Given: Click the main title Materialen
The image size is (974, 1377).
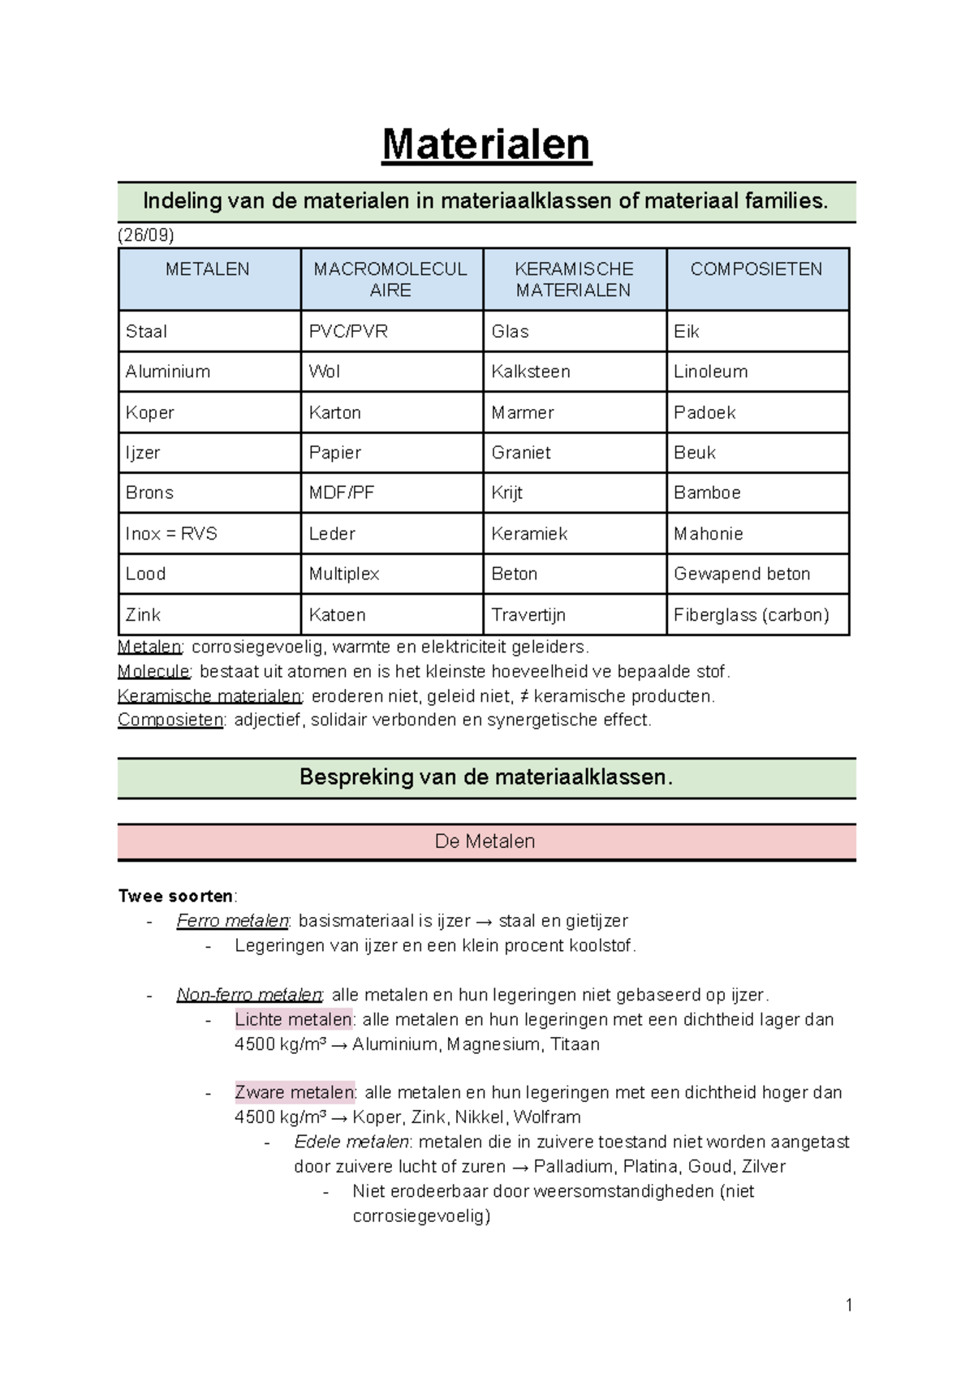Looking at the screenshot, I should coord(486,145).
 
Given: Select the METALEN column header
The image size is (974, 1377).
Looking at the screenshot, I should coord(208,269).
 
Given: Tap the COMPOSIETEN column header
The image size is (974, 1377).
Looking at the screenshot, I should coord(756,269).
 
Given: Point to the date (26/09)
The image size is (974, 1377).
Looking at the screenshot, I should coord(145,235).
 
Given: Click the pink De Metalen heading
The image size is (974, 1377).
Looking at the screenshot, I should coord(485,841).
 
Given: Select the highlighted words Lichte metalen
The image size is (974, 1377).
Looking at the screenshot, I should coord(293,1019).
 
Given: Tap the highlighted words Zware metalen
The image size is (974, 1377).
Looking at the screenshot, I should coord(295,1092).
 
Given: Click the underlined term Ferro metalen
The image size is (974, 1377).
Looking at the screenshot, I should coord(233,921).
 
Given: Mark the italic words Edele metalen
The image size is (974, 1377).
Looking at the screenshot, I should coord(351,1142).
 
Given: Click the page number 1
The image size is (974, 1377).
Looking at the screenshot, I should coord(849,1305).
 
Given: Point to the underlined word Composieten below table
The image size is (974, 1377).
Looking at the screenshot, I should coord(170,720).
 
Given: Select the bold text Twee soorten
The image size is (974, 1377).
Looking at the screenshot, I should coord(175,896).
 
